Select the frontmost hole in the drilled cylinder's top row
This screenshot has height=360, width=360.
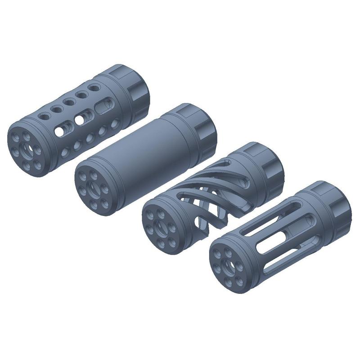[x=45, y=116]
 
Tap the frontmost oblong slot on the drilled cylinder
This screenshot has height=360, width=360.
[x=59, y=131]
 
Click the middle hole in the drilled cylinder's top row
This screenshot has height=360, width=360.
[x=69, y=102]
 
